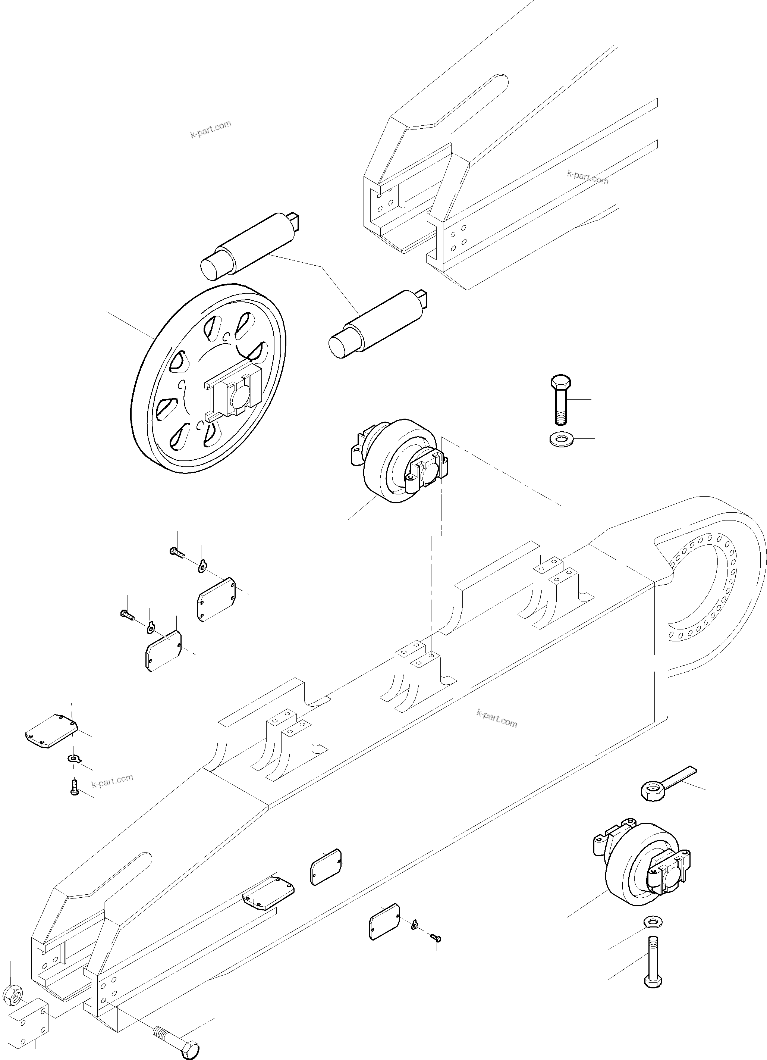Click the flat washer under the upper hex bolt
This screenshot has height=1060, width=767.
(560, 439)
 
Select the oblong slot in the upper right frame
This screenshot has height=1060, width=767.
(472, 98)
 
